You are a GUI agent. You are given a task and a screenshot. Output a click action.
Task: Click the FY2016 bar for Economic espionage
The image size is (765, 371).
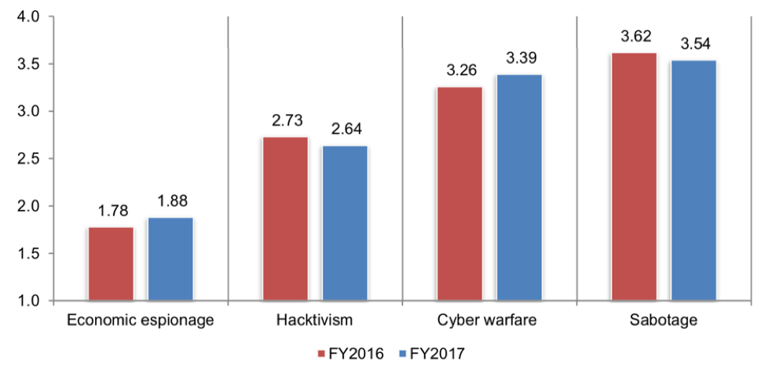click(x=111, y=264)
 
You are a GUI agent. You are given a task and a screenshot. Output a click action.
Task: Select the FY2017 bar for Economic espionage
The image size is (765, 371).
click(x=170, y=259)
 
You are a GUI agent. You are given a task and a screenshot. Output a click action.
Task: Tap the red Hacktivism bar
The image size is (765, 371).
click(x=285, y=219)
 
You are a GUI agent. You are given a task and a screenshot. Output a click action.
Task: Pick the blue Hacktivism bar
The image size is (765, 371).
click(x=344, y=223)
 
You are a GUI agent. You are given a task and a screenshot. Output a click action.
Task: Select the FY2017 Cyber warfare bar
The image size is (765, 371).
click(x=518, y=188)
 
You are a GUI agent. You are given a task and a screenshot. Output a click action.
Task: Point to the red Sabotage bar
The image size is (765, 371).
click(x=635, y=177)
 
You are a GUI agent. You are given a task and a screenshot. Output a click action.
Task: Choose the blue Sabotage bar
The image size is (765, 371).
click(x=694, y=181)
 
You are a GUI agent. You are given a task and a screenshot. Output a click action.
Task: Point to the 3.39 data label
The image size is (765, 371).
click(x=518, y=60)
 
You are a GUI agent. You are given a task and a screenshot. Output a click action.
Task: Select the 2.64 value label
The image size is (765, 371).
click(x=344, y=130)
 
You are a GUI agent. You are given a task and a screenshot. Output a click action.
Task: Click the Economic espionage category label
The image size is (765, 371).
click(x=141, y=321)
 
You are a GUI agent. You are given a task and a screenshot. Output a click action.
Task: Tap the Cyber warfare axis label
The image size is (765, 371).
click(x=489, y=321)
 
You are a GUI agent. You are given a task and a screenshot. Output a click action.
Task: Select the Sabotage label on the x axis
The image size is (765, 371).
click(x=664, y=321)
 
